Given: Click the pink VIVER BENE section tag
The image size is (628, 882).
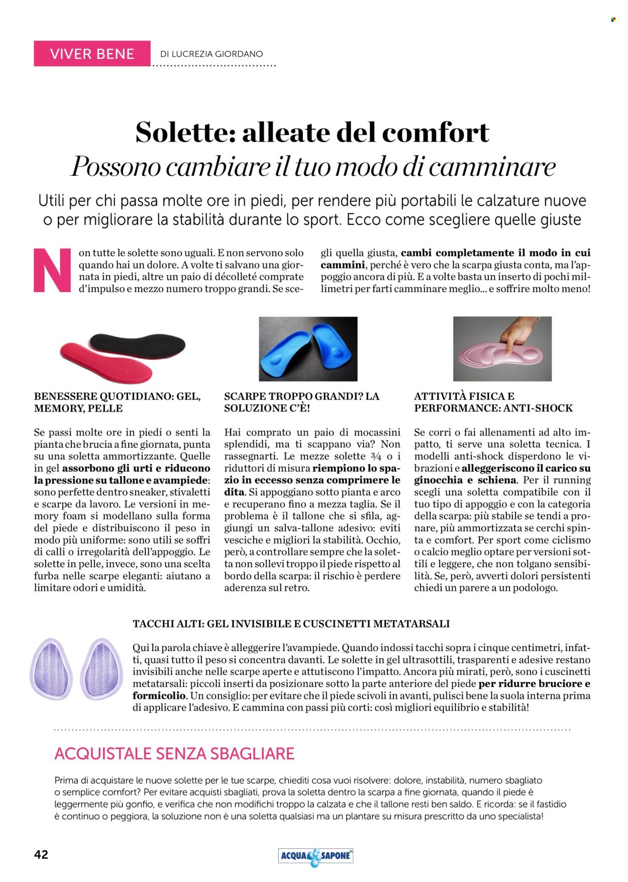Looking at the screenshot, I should pos(92,54).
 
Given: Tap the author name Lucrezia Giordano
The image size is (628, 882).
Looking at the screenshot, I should pos(211,54).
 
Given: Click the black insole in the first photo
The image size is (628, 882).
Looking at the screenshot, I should pos(141,345).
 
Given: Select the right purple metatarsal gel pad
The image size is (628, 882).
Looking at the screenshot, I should pos(101,669).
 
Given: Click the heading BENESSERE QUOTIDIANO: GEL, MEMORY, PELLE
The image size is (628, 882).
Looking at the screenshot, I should pos(117,402).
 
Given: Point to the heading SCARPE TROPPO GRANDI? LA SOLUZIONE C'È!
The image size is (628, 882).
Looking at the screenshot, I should pos(301,402).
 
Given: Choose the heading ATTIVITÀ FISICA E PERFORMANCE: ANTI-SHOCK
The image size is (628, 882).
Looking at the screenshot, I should pos(493,402).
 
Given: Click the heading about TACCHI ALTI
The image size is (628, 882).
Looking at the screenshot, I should pos(291,624).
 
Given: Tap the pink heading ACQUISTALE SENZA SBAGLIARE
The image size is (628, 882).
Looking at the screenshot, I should pos(174,753).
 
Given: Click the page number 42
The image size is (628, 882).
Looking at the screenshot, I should pos(41,855).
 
